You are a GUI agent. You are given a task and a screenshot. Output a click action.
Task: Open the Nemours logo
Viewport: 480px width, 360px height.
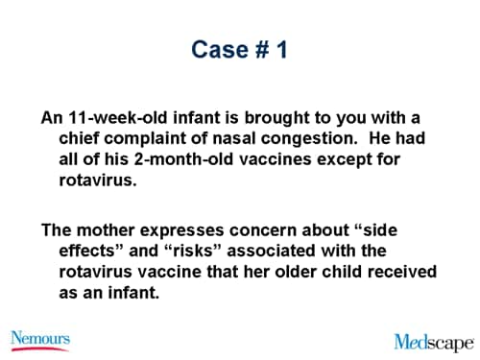[x=41, y=338]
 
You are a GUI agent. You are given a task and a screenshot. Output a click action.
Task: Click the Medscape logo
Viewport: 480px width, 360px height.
[x=433, y=341]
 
